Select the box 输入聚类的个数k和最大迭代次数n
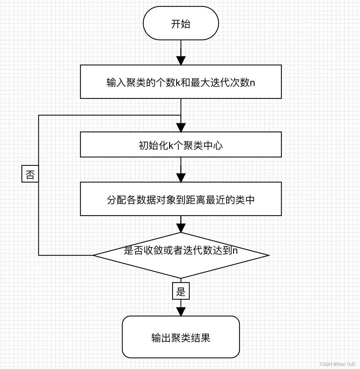[181, 82]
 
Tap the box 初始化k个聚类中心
[181, 145]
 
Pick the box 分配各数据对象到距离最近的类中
[181, 199]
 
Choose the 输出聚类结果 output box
[181, 337]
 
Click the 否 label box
[30, 174]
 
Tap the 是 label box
[181, 291]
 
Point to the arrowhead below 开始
[181, 60]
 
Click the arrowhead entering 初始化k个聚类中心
[181, 128]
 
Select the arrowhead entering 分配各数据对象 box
[181, 178]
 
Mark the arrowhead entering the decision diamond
[181, 228]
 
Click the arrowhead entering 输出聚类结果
[181, 312]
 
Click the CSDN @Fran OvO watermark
[339, 364]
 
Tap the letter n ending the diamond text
[235, 251]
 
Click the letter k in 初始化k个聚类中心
[171, 145]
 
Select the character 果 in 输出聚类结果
[205, 338]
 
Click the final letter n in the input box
[253, 82]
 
